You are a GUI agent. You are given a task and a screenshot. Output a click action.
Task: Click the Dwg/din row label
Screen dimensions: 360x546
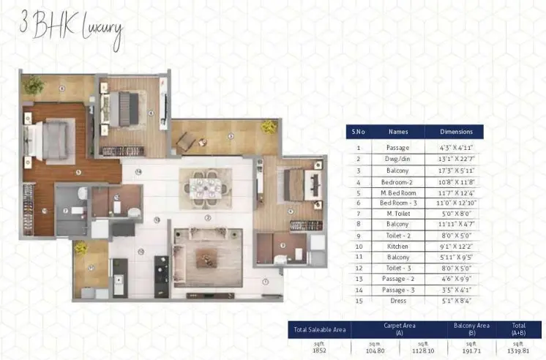tap(398, 158)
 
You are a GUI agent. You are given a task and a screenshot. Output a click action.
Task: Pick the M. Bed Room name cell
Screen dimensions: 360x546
tap(398, 192)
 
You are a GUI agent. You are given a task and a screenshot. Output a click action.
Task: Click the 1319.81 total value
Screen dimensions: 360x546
tap(518, 350)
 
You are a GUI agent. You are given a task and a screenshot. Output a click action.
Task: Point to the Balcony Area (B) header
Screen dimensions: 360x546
tap(474, 329)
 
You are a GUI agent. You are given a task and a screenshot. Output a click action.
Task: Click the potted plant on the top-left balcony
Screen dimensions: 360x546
tap(32, 85)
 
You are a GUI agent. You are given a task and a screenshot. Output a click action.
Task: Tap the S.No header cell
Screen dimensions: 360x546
tap(359, 132)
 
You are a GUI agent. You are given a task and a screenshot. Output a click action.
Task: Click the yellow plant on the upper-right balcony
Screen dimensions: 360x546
tap(269, 127)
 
